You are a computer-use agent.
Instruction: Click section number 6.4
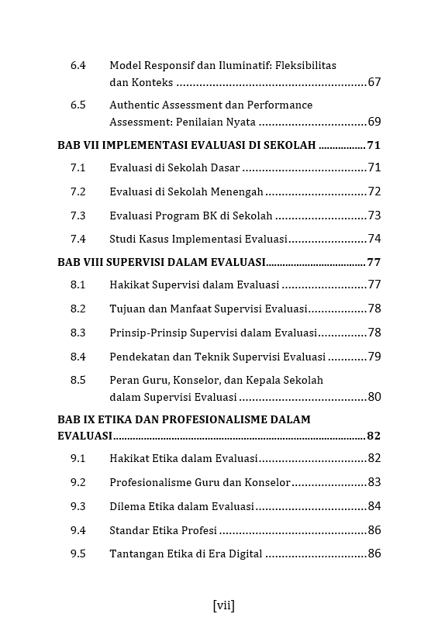[78, 66]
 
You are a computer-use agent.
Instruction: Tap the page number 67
[374, 82]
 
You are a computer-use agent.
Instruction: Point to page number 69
[374, 122]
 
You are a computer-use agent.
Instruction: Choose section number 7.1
[78, 167]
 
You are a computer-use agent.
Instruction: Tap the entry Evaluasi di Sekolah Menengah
[186, 191]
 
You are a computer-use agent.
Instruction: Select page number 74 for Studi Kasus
[374, 239]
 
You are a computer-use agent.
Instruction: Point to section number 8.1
[78, 285]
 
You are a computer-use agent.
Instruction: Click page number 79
[374, 357]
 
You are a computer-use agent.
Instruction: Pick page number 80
[374, 397]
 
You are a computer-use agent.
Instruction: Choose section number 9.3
[78, 506]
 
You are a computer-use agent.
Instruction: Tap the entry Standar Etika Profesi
[163, 530]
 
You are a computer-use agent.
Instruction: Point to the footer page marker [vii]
[222, 605]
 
